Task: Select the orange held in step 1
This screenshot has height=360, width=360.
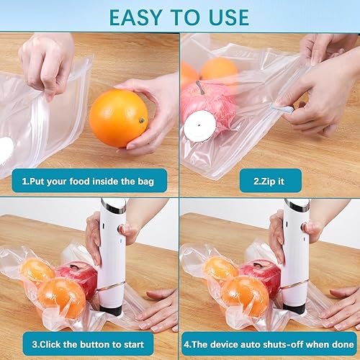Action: (x=118, y=117)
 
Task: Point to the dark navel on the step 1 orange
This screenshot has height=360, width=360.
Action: (x=140, y=121)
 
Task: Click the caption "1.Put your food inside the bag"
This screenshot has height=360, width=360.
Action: (x=87, y=180)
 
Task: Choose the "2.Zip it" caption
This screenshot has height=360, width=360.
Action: (x=269, y=180)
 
